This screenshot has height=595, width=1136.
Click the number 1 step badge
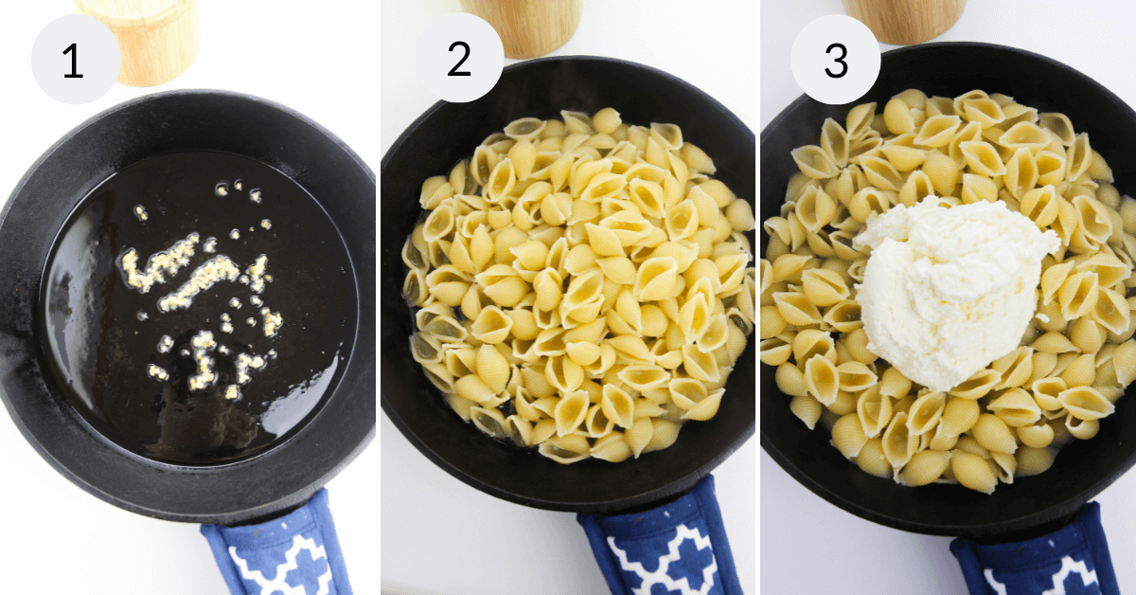coord(75,59)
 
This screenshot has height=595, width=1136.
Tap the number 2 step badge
coord(458,59)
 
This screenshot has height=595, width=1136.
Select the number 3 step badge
coord(835,59)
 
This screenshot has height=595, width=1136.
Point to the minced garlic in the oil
coord(199,284)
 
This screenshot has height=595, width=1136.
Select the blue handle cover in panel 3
coord(1032,559)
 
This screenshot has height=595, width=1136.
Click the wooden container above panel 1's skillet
coord(151,38)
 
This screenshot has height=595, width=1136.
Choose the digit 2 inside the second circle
coord(458,60)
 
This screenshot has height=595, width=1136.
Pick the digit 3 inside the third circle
coord(835,60)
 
